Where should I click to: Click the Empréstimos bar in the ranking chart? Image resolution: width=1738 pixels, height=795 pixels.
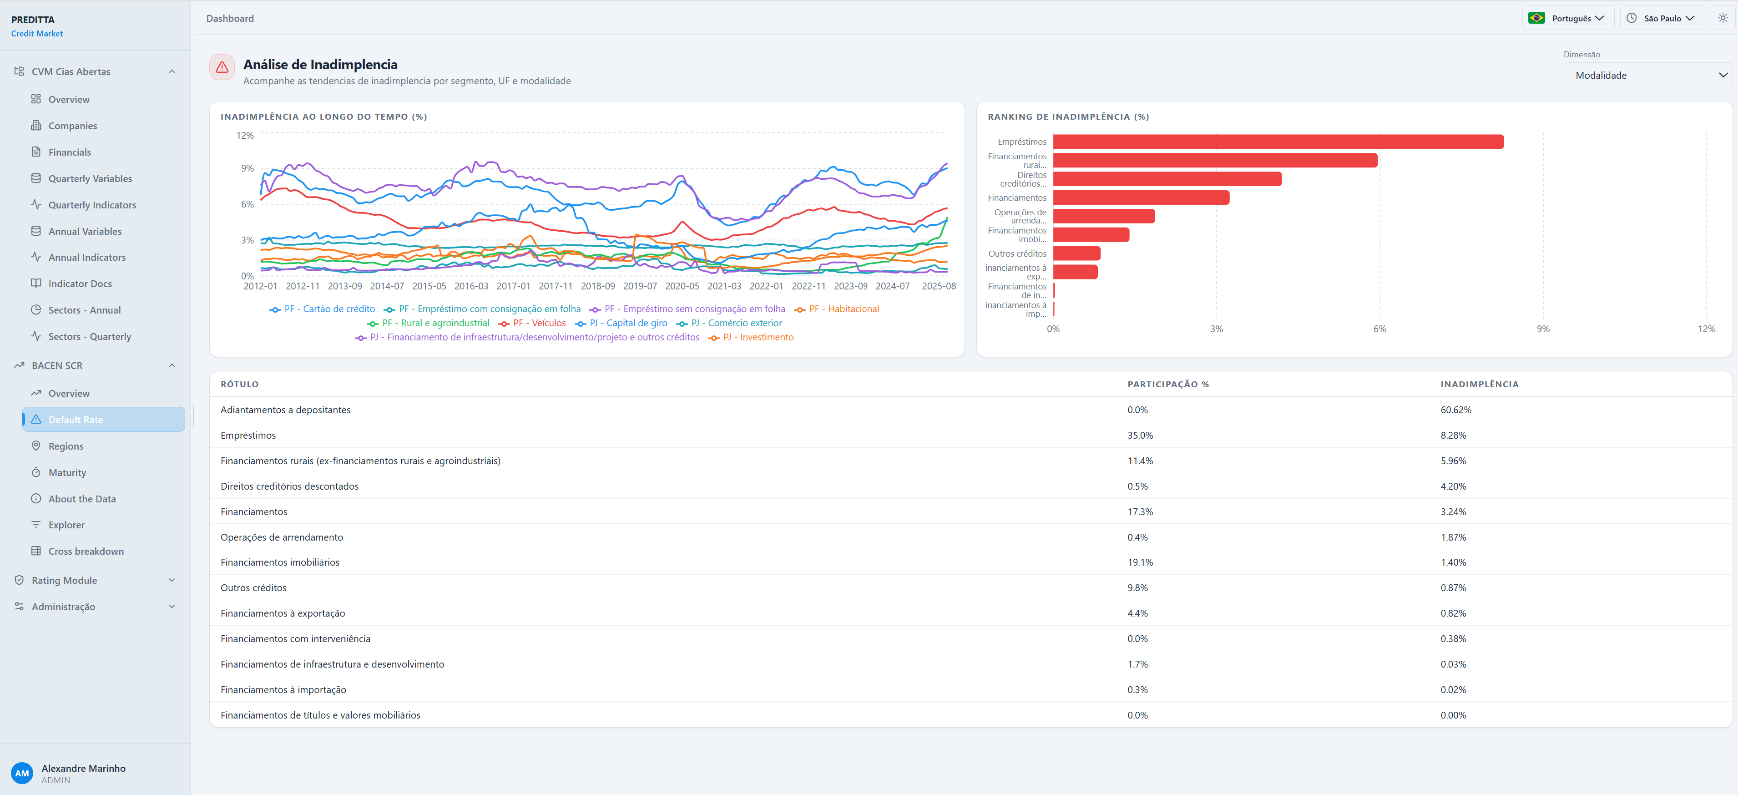pyautogui.click(x=1278, y=142)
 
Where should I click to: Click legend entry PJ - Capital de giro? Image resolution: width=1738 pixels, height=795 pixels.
pyautogui.click(x=621, y=323)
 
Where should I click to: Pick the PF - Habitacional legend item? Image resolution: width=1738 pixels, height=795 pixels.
pyautogui.click(x=837, y=309)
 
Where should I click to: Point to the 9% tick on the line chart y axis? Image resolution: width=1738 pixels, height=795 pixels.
pyautogui.click(x=247, y=168)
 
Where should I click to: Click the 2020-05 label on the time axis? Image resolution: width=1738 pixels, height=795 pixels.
pyautogui.click(x=682, y=286)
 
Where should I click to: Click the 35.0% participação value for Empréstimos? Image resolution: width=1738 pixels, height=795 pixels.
pyautogui.click(x=1140, y=436)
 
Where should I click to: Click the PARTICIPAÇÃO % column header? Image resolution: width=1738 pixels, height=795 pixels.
pyautogui.click(x=1168, y=385)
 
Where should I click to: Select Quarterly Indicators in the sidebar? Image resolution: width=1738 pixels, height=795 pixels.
pyautogui.click(x=92, y=205)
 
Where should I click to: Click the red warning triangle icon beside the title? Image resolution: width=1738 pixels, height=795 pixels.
pyautogui.click(x=222, y=67)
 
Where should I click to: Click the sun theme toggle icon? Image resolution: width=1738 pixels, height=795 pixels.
pyautogui.click(x=1723, y=18)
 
